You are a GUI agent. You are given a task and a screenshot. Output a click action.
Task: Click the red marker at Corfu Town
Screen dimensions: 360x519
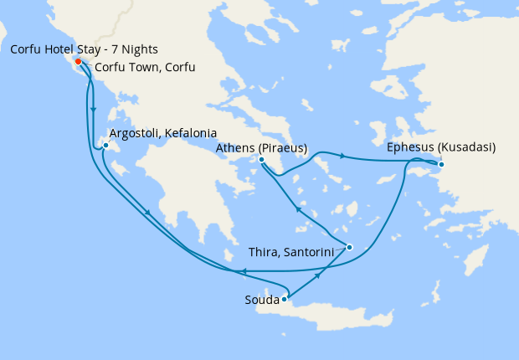78,62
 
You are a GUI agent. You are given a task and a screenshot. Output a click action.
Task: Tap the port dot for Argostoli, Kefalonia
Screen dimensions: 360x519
105,147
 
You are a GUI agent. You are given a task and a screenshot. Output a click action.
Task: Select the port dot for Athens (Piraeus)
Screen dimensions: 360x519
262,160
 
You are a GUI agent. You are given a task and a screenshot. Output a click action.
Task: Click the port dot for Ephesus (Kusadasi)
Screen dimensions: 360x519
441,164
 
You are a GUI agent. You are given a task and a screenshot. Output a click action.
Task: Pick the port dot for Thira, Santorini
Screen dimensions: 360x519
349,247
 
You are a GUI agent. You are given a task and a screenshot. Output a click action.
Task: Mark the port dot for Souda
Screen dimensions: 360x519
285,297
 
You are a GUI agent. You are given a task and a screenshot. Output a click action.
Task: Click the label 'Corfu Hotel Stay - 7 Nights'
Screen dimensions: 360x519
84,49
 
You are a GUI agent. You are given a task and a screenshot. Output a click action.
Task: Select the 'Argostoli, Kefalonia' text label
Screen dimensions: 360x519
163,133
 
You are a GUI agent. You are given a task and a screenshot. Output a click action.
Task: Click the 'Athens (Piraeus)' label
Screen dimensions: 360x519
261,148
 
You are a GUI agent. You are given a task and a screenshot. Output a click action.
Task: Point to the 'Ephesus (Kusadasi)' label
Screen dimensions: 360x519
441,147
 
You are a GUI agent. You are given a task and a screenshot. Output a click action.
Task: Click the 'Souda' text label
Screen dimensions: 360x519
262,299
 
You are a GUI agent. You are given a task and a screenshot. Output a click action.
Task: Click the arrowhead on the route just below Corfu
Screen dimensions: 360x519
93,109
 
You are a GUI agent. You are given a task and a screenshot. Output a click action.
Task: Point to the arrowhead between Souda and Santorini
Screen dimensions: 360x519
318,275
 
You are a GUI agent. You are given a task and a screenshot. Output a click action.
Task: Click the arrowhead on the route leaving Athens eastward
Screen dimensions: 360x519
342,154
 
